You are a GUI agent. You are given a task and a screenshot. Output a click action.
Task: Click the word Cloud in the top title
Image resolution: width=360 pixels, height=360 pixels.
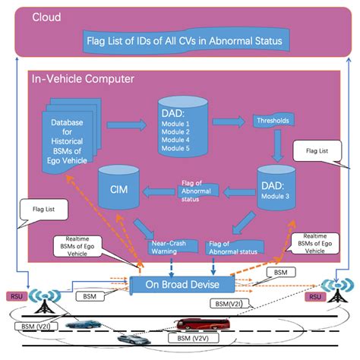(x=47, y=16)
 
